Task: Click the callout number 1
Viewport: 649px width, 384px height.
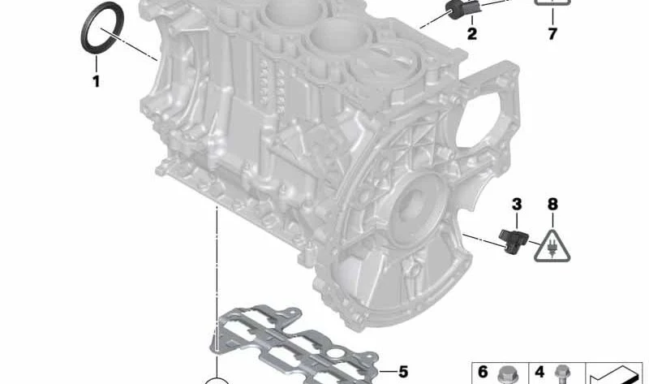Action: coord(96,81)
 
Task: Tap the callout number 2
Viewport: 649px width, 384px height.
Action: coord(472,33)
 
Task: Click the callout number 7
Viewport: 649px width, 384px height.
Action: coord(552,33)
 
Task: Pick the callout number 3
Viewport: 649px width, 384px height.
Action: coord(517,205)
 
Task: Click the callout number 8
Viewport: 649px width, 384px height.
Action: coord(552,205)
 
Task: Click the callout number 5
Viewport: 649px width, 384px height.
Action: coord(402,372)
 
